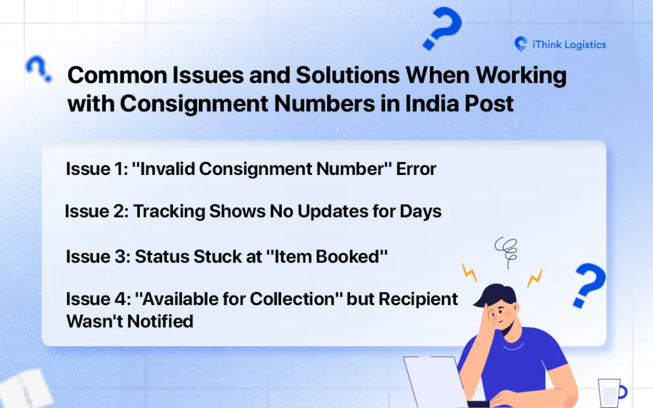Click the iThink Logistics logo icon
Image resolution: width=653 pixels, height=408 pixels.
(520, 44)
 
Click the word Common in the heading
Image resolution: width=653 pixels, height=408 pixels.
(117, 75)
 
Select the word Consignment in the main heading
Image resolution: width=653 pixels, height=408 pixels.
(194, 103)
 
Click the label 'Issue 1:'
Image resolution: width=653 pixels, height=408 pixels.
(97, 169)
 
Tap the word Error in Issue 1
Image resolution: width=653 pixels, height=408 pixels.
(416, 169)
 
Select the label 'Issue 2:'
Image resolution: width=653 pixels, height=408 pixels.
(97, 211)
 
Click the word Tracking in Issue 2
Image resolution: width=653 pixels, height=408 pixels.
(169, 212)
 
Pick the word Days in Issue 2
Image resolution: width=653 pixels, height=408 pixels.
(421, 212)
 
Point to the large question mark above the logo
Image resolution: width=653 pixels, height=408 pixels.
(443, 27)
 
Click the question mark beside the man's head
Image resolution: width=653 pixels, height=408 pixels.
(589, 285)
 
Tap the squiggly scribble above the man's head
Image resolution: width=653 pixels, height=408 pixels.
(507, 251)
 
